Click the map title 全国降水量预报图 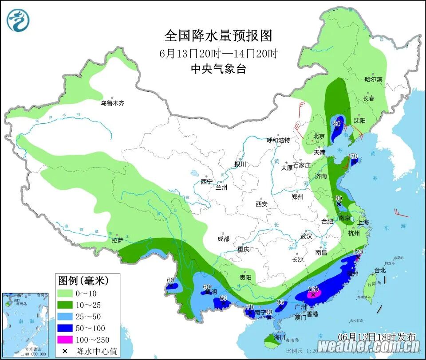[218, 35]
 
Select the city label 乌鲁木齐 [112, 103]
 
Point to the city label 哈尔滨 [373, 79]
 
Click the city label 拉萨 [118, 240]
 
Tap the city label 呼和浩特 [278, 140]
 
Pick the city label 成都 [223, 239]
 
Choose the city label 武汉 [306, 236]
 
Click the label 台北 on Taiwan [368, 270]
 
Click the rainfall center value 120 [358, 252]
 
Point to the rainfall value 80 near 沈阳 [336, 123]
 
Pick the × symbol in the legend [65, 351]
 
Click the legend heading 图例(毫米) [83, 280]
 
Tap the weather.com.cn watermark [368, 346]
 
